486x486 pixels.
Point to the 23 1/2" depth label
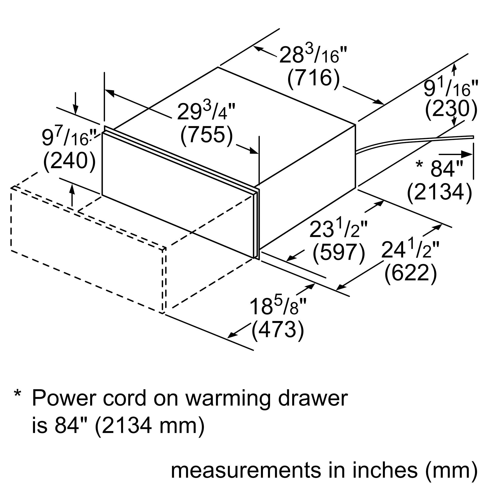(x=338, y=229)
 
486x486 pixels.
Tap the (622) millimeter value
(x=410, y=274)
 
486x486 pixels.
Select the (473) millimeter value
(x=278, y=330)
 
